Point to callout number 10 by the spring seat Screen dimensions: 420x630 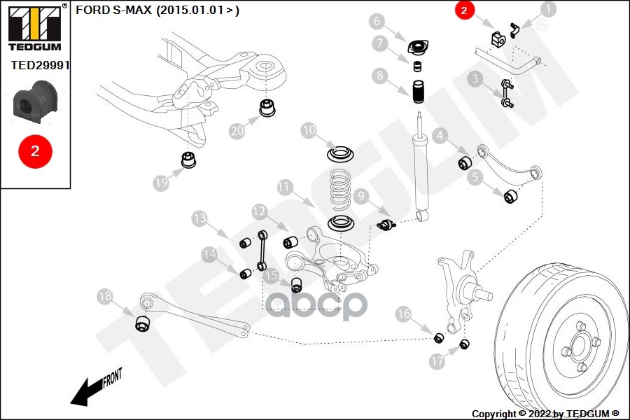pos(309,130)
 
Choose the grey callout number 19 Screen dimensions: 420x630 pos(161,183)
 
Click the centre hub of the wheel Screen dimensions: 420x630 pos(578,344)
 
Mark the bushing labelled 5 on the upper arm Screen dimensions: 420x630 pos(511,195)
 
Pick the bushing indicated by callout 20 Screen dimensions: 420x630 pos(267,109)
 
